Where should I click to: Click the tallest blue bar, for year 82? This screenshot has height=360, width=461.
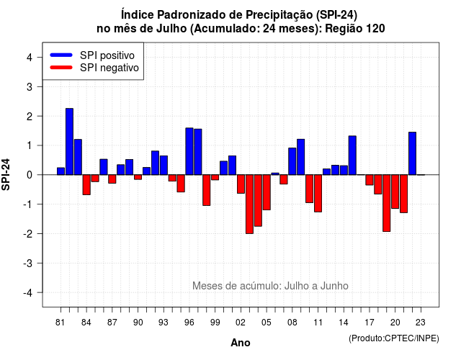tap(69, 142)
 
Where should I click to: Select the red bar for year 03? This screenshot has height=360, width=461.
tap(249, 204)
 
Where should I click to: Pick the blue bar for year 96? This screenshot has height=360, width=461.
tap(189, 151)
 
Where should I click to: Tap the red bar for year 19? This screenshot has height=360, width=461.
tap(387, 203)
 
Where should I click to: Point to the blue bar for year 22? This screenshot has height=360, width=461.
tap(412, 153)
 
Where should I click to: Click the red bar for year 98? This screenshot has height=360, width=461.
tap(207, 190)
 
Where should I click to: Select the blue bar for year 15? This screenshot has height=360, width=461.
tap(352, 156)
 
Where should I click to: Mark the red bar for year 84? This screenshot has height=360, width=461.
tap(86, 185)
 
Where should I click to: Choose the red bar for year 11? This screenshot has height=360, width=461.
tap(318, 194)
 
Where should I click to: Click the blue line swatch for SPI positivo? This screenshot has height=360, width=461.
tap(61, 55)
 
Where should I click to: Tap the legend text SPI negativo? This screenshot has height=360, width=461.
tap(109, 68)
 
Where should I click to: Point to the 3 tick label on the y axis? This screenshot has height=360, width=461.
tap(30, 86)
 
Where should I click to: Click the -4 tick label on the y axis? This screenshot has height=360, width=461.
tap(28, 293)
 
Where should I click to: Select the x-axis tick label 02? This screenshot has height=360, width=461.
tap(241, 323)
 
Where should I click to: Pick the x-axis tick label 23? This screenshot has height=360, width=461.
tap(421, 323)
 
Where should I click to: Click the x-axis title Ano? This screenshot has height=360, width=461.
tap(241, 343)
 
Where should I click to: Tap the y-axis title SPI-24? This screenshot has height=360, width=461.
tap(6, 174)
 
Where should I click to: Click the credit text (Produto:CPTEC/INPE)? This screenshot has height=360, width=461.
tap(394, 338)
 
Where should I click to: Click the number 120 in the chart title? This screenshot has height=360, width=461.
tap(376, 29)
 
